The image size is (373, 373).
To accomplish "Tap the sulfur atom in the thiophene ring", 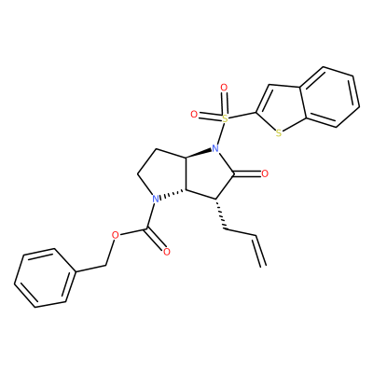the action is coord(279,133).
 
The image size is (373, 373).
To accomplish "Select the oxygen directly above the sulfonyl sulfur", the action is coord(224,88).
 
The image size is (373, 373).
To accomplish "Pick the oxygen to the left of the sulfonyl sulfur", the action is coord(194,115).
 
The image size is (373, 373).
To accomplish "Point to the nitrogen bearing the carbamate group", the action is coord(156,199).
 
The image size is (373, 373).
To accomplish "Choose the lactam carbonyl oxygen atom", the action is coord(265,173).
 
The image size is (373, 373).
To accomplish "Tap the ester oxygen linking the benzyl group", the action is coord(116,235).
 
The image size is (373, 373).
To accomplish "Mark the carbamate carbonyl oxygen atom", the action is coord(167,252).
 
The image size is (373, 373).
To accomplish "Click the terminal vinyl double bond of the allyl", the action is coord(260,251).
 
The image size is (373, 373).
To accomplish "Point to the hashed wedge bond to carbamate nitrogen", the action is coord(173,194).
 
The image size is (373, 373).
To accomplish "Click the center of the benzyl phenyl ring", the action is coord(45,278).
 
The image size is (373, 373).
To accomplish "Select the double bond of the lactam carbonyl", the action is coord(247,174).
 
